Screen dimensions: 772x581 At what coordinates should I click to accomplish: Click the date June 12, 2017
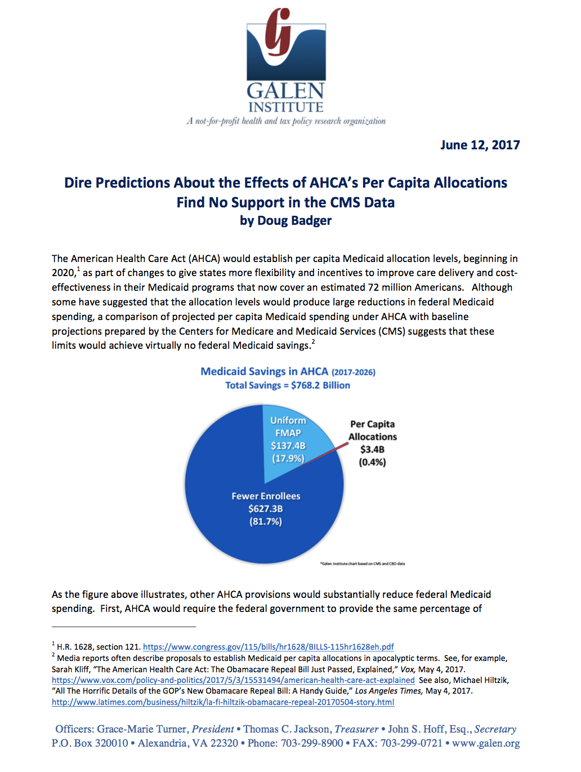[480, 145]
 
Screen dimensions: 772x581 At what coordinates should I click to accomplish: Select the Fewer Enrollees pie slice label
[266, 496]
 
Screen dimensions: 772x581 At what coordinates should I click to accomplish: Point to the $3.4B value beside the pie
[372, 449]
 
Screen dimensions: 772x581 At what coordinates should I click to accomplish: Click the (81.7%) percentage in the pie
[266, 521]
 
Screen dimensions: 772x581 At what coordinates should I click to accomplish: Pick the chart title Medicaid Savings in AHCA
[265, 371]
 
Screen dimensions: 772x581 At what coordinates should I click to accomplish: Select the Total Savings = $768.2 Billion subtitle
[288, 385]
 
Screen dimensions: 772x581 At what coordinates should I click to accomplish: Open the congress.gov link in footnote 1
[268, 647]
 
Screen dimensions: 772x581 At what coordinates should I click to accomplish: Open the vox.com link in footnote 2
[233, 680]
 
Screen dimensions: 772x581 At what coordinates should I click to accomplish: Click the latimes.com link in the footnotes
[223, 702]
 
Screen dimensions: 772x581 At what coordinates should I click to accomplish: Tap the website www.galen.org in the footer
[486, 743]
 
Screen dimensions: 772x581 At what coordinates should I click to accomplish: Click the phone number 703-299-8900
[312, 743]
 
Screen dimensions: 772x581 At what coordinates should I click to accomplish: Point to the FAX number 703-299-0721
[412, 743]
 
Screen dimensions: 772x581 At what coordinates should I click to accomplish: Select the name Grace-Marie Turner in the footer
[141, 729]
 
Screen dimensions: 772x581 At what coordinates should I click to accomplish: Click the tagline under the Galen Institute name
[286, 121]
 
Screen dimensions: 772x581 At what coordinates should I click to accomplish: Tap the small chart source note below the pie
[363, 564]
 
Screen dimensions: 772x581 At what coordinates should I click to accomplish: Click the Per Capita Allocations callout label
[372, 431]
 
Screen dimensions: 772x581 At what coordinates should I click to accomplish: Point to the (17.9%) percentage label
[288, 458]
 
